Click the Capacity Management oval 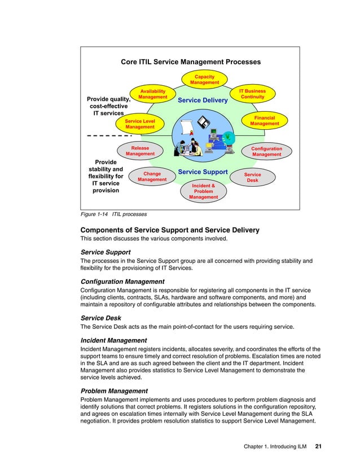pyautogui.click(x=204, y=80)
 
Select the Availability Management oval pyautogui.click(x=153, y=94)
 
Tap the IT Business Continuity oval pyautogui.click(x=252, y=94)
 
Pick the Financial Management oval pyautogui.click(x=265, y=121)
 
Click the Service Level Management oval pyautogui.click(x=140, y=124)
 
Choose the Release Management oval pyautogui.click(x=140, y=151)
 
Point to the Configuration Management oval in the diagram pyautogui.click(x=266, y=151)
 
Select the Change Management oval pyautogui.click(x=152, y=177)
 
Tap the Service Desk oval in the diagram pyautogui.click(x=252, y=177)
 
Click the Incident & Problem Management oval pyautogui.click(x=203, y=191)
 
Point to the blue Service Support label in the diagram pyautogui.click(x=203, y=172)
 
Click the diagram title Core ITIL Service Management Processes pyautogui.click(x=191, y=62)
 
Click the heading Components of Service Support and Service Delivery pyautogui.click(x=170, y=230)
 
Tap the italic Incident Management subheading pyautogui.click(x=113, y=340)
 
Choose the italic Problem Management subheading pyautogui.click(x=114, y=390)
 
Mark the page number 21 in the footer pyautogui.click(x=318, y=447)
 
